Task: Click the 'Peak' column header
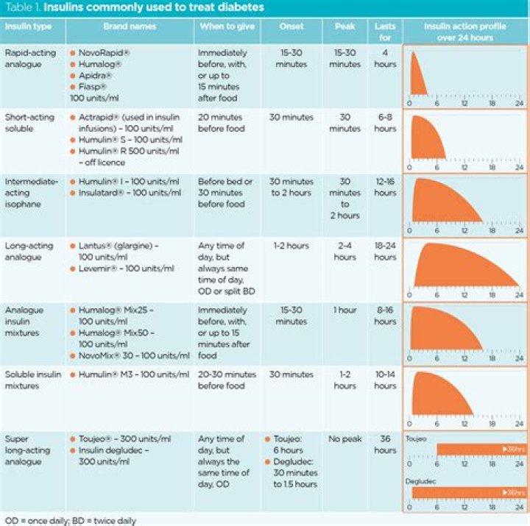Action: (344, 26)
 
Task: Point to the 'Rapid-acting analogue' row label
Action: (29, 59)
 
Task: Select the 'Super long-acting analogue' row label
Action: (29, 450)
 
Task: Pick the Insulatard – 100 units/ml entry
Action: (128, 193)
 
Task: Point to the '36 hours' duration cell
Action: (384, 444)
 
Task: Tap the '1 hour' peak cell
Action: (344, 310)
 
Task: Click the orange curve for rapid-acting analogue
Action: (416, 81)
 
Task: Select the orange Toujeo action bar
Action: (478, 449)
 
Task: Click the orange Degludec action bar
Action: (467, 492)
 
